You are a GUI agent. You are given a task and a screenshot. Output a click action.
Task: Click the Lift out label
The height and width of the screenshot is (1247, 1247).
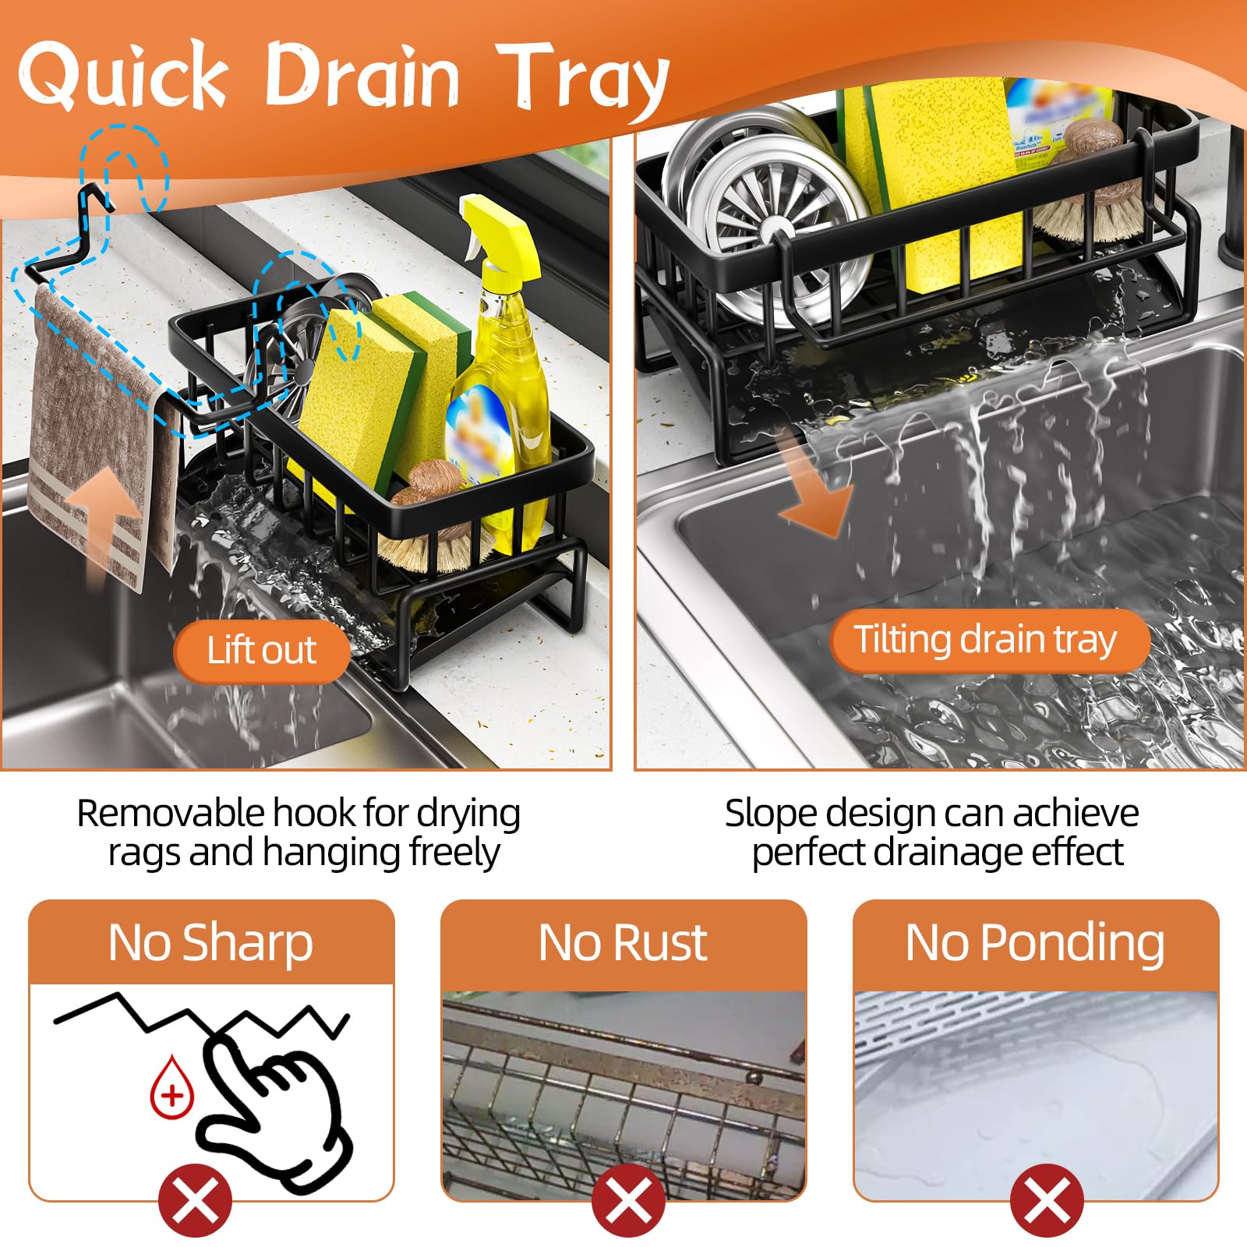pyautogui.click(x=262, y=650)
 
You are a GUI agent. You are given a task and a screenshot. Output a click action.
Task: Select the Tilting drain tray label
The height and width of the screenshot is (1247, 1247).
pyautogui.click(x=987, y=640)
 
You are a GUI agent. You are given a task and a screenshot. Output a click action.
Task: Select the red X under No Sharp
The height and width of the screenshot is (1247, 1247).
pyautogui.click(x=195, y=1201)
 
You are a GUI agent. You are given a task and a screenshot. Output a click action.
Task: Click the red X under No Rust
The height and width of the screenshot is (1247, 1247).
pyautogui.click(x=628, y=1201)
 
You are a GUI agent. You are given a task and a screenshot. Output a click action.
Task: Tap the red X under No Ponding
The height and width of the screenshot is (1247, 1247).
pyautogui.click(x=1047, y=1201)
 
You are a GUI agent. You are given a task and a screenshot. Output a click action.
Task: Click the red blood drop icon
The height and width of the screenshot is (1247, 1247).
pyautogui.click(x=171, y=1088)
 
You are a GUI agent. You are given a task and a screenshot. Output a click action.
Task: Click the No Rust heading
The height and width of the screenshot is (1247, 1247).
pyautogui.click(x=623, y=943)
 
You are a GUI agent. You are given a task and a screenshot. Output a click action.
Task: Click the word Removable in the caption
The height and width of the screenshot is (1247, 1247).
pyautogui.click(x=171, y=814)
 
